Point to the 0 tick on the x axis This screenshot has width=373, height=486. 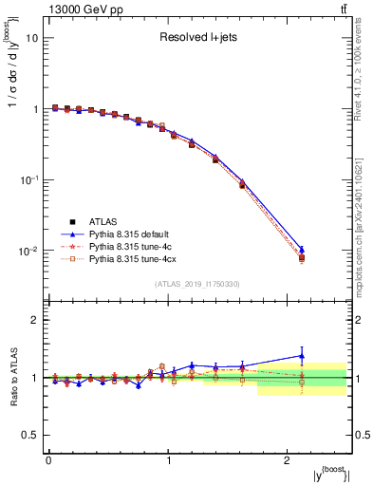tap(48, 459)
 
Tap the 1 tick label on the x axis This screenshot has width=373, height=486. tap(169, 459)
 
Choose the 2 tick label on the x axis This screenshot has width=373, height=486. tap(289, 459)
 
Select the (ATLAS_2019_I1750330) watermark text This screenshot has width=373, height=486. tap(197, 284)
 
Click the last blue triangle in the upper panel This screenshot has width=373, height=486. tap(302, 249)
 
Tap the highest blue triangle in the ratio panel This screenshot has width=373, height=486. tap(302, 356)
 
